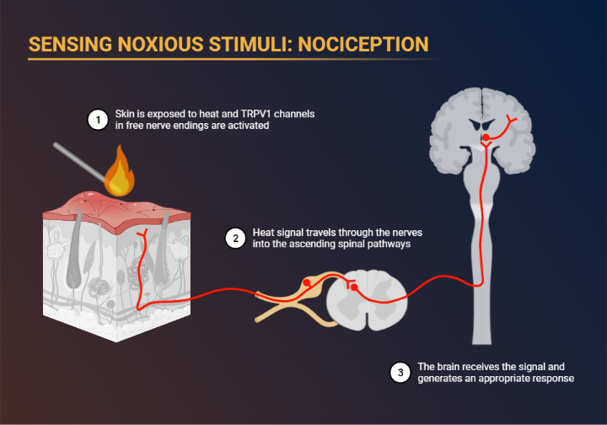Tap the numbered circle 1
99,121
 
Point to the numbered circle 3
401,373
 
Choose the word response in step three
549,379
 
